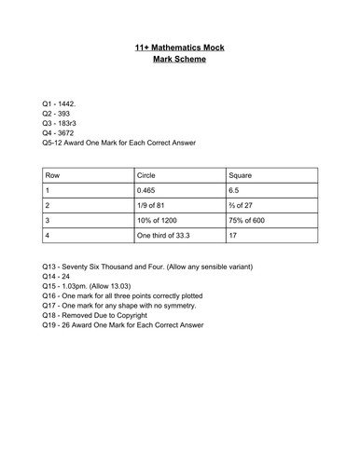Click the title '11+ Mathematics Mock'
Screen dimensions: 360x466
[180, 45]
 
